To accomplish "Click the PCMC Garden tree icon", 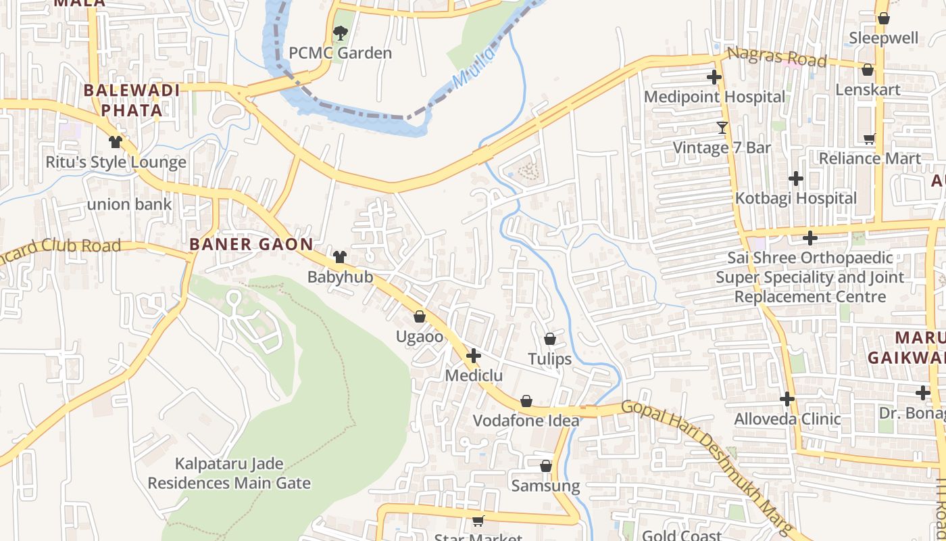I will click(341, 32).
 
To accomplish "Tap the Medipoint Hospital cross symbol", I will click(714, 77).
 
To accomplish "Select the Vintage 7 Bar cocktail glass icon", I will click(722, 127).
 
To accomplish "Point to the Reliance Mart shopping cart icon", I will click(869, 139).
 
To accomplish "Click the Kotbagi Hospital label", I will click(795, 199).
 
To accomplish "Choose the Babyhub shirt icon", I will click(339, 257).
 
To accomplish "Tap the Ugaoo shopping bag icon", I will click(420, 316).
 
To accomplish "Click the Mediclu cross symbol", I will click(473, 355).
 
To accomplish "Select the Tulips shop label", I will click(549, 359).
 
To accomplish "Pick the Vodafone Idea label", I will click(526, 421).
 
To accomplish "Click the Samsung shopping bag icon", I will click(546, 466).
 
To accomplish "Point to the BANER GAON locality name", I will click(251, 245).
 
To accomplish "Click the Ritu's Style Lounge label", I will click(116, 162).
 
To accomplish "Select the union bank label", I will click(129, 204).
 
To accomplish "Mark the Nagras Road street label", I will click(776, 58).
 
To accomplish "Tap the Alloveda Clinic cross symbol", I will click(787, 399).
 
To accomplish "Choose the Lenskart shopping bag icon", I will click(868, 70).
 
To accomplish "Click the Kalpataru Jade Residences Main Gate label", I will click(229, 473).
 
